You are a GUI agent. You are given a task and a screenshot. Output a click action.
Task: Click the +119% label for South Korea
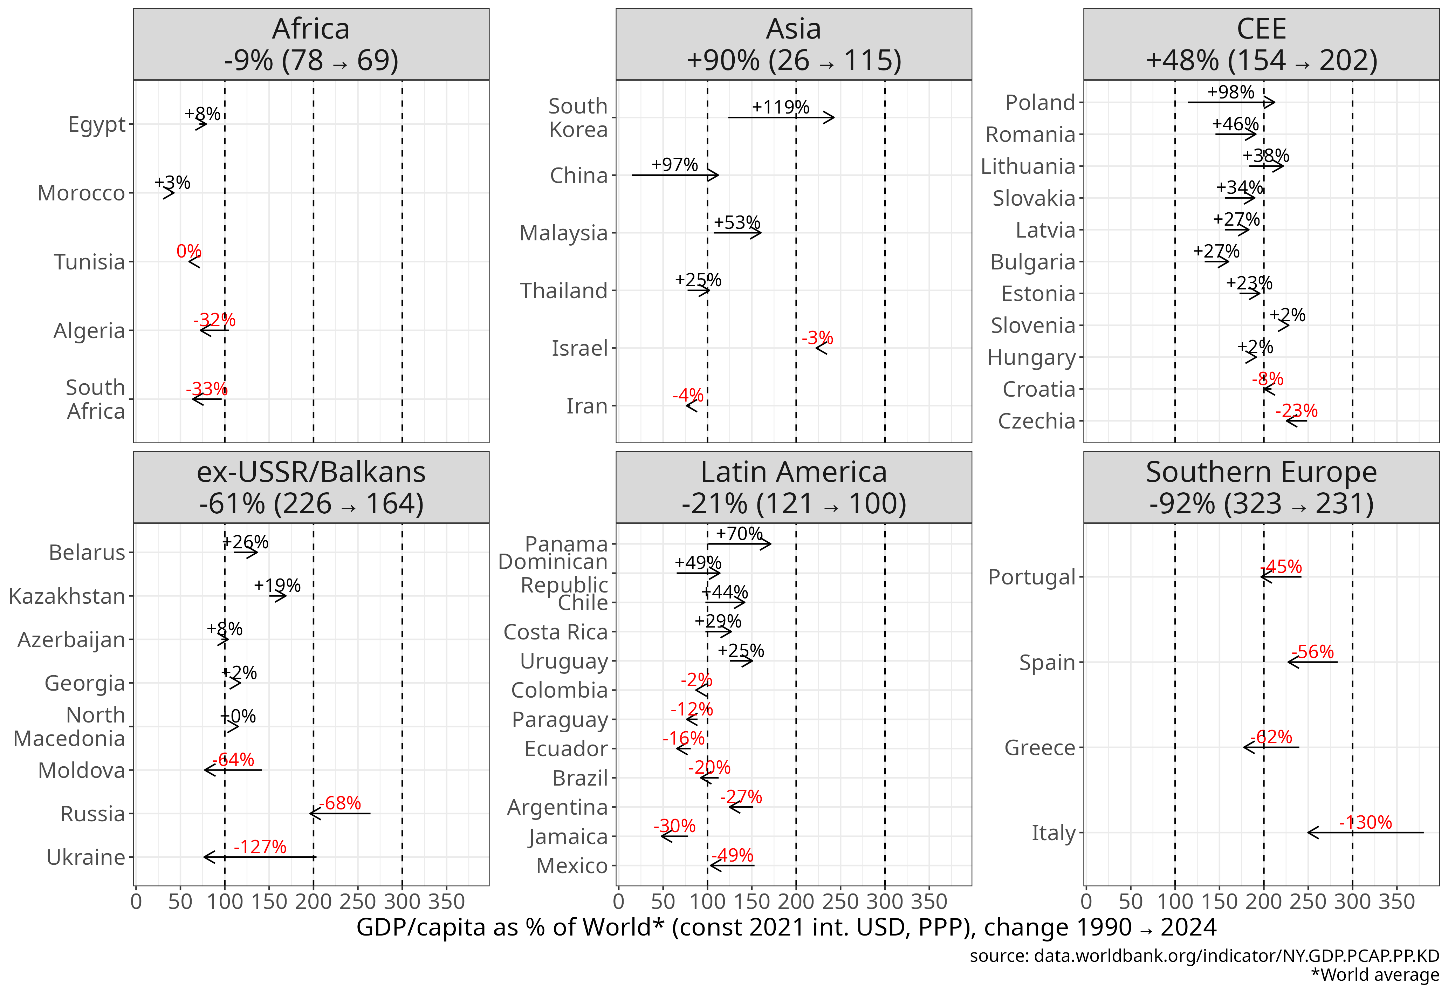click(x=780, y=107)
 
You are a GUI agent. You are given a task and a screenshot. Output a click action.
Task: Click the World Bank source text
click(x=1204, y=956)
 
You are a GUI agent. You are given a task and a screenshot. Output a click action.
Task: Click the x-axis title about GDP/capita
click(x=786, y=927)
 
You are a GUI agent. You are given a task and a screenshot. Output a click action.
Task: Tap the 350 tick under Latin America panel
click(x=929, y=902)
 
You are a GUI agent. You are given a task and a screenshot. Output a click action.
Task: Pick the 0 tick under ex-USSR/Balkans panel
click(x=136, y=902)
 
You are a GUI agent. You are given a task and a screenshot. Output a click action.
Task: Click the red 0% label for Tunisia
click(x=189, y=251)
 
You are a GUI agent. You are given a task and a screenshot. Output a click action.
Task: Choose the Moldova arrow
click(x=232, y=770)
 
